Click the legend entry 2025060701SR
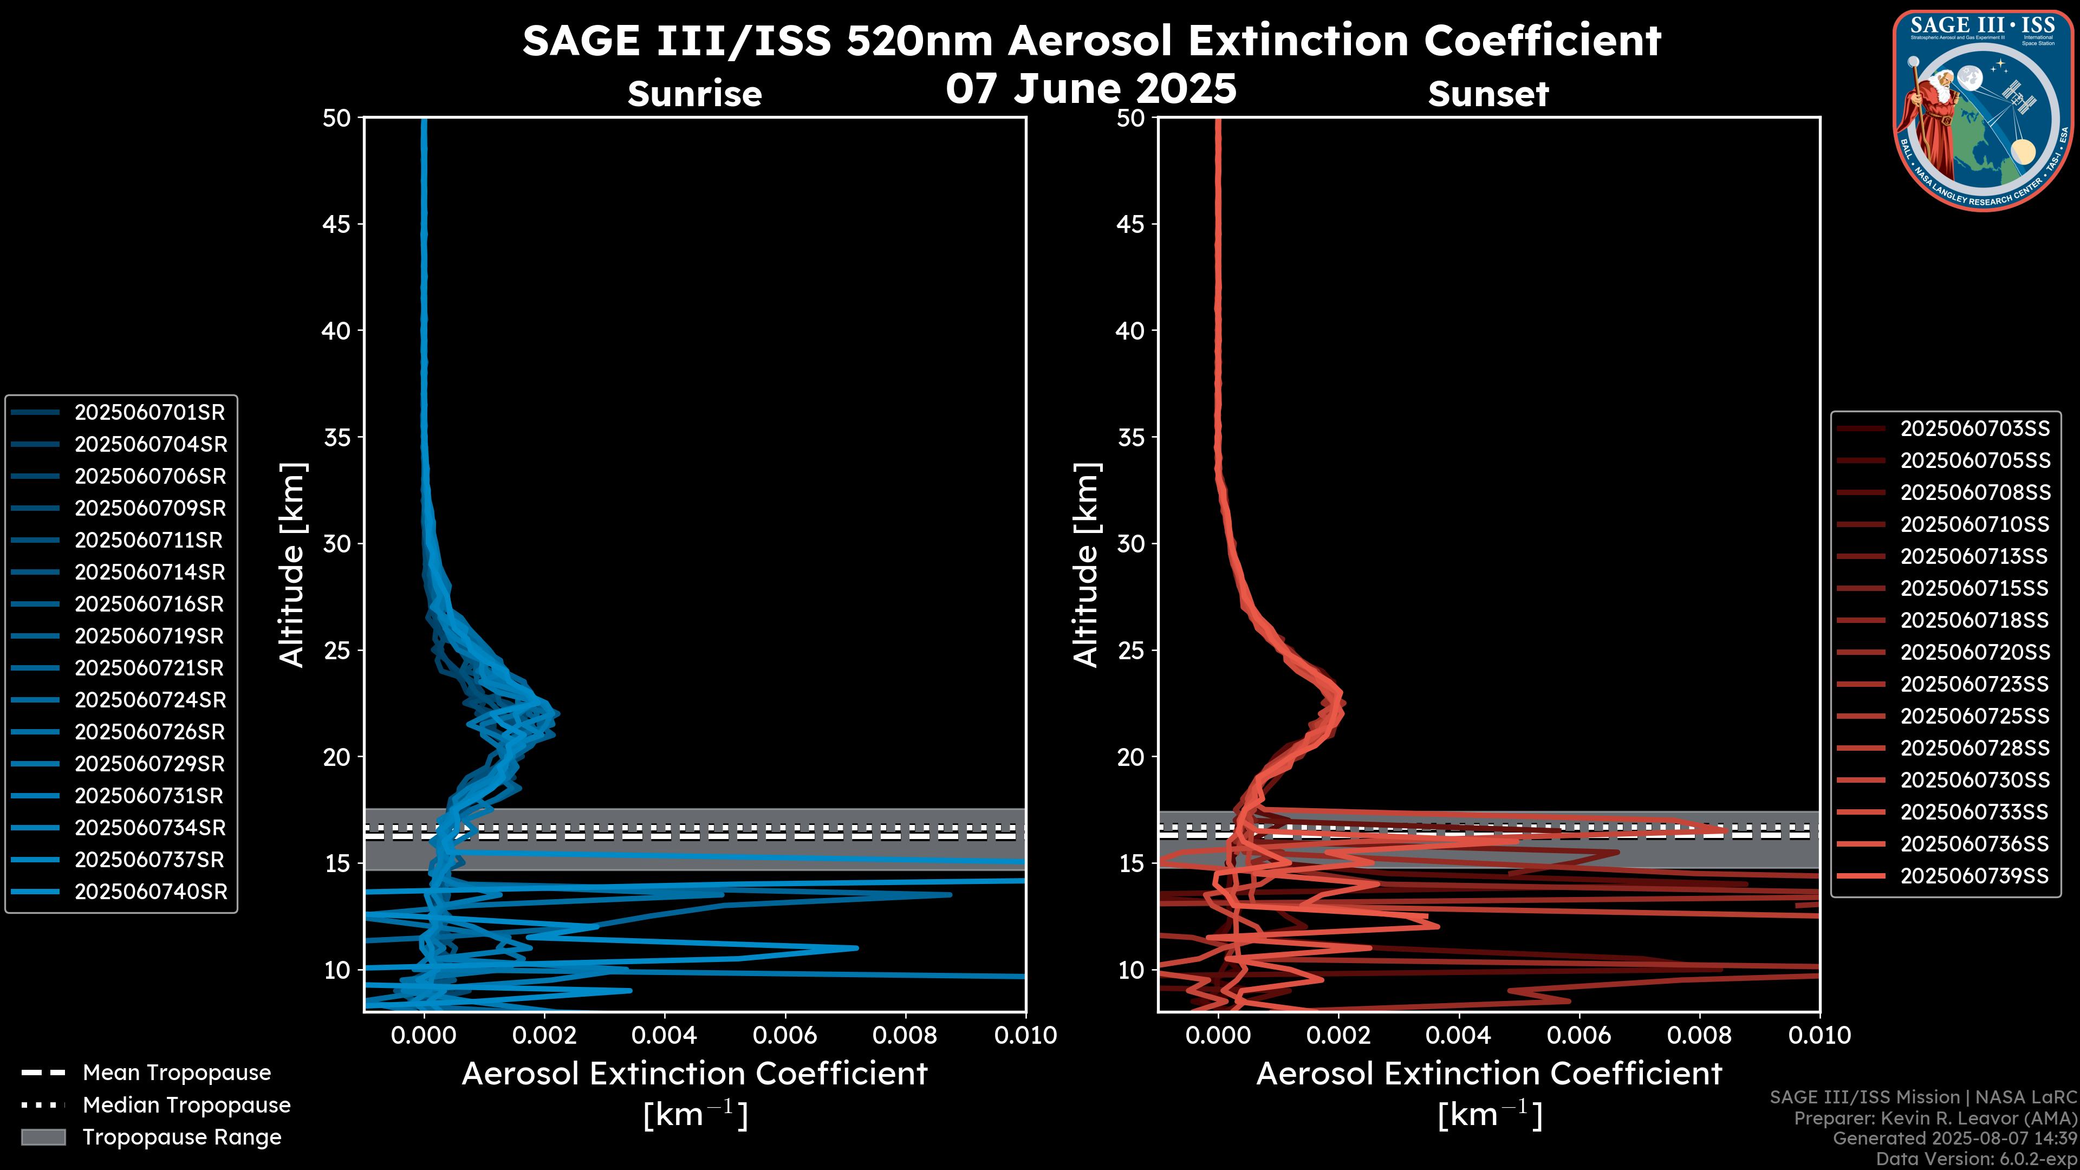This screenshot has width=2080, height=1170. pos(149,413)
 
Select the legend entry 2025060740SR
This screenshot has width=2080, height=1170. pos(151,892)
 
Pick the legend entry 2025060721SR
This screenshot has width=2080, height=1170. pos(149,668)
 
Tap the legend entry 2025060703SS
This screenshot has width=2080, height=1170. pos(1974,429)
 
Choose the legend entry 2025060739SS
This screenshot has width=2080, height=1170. pos(1974,876)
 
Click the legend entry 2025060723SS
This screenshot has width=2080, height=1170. pos(1974,685)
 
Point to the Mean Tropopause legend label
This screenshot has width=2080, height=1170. pos(177,1073)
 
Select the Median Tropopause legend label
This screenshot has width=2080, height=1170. pos(186,1106)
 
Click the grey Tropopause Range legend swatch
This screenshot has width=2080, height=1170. pos(43,1137)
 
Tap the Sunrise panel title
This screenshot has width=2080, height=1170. pos(694,94)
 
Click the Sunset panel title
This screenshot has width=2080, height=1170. pos(1488,94)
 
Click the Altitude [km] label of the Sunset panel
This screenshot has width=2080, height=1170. pos(1086,565)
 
